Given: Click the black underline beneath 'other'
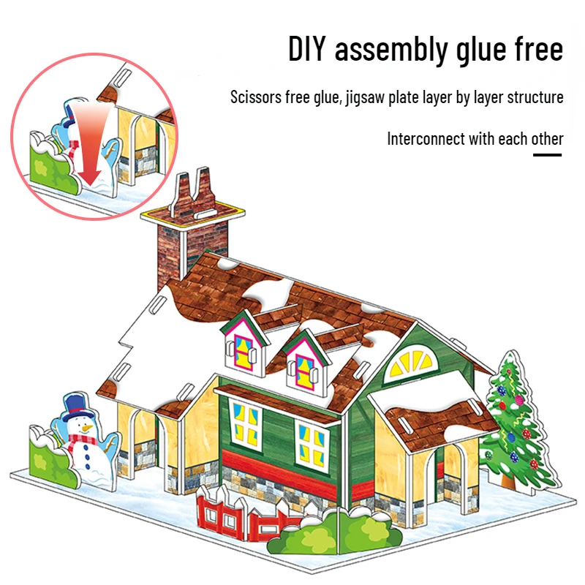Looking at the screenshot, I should [x=547, y=154].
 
